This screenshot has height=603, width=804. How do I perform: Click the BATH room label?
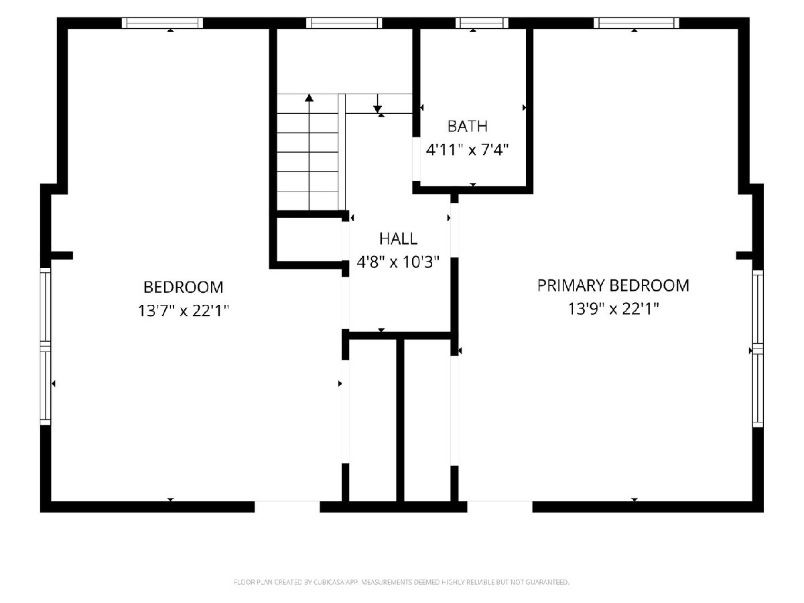tap(467, 127)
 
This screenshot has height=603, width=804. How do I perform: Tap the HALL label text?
tap(398, 239)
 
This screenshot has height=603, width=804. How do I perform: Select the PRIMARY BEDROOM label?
tap(613, 285)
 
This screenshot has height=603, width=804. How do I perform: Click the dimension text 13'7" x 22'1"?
tap(183, 311)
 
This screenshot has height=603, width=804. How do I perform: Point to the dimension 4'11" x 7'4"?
tap(467, 149)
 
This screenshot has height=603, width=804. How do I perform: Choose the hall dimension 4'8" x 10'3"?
tap(398, 262)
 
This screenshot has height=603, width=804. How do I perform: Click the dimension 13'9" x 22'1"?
tap(613, 309)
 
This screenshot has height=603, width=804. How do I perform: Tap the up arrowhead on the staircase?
tap(309, 97)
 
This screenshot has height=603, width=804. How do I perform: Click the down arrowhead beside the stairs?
tap(378, 109)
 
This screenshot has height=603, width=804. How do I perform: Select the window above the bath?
tap(482, 23)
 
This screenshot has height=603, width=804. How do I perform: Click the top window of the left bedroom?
tap(162, 23)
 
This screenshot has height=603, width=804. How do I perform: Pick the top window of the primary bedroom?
tap(636, 23)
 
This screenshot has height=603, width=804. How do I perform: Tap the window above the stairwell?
tap(344, 23)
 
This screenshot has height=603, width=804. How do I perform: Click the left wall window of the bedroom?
tap(45, 346)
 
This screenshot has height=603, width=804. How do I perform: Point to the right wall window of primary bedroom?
tap(758, 348)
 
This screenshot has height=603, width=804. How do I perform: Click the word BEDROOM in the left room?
tap(183, 287)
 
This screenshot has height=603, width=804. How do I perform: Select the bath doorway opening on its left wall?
tap(416, 159)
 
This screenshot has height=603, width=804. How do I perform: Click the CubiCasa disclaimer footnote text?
tap(401, 582)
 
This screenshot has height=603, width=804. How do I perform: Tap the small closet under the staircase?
tap(309, 240)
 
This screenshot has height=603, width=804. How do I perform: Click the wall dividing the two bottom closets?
tap(400, 420)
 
